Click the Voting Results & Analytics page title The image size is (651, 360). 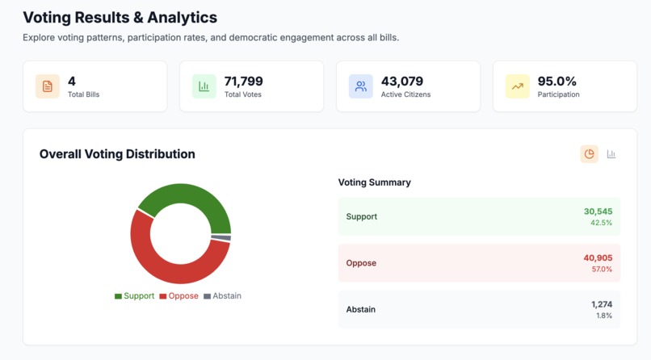tap(120, 17)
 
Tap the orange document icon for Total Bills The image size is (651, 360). tap(47, 86)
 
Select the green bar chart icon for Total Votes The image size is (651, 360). tap(204, 86)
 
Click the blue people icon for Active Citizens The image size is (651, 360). tap(361, 86)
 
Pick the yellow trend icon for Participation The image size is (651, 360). tap(517, 86)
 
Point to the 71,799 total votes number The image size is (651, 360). tap(243, 81)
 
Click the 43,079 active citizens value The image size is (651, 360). tap(402, 81)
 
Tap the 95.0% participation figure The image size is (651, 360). tap(557, 81)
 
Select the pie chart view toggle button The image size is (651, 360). tap(589, 154)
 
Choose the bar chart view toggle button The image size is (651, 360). tap(611, 154)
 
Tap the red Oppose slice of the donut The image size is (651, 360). tap(157, 254)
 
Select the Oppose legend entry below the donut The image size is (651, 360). tap(178, 296)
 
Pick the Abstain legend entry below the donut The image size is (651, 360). tap(222, 296)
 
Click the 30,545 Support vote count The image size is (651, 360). tap(598, 211)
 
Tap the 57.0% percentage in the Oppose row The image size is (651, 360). tap(602, 269)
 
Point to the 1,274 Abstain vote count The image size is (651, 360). tap(601, 304)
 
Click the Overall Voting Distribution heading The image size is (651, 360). tap(117, 154)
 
